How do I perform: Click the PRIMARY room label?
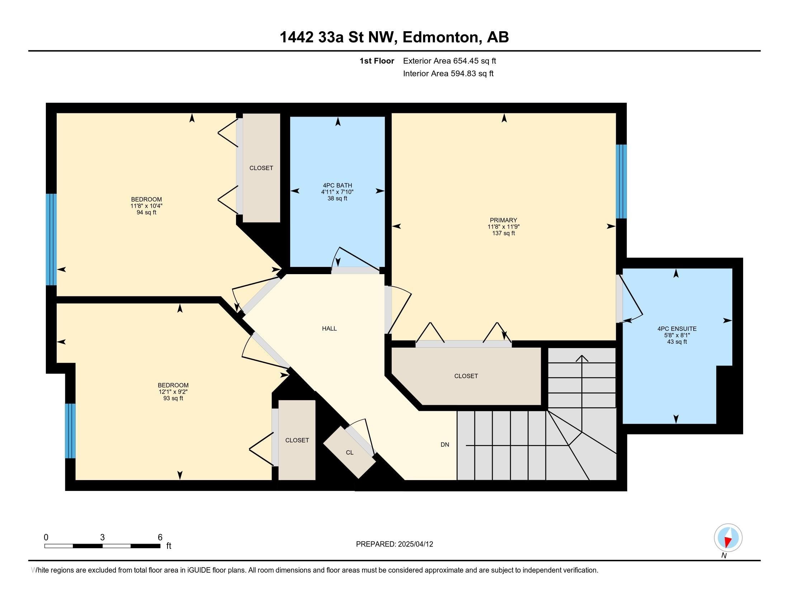[x=503, y=220]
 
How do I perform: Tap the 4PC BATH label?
[x=337, y=186]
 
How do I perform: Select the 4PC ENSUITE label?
[x=677, y=329]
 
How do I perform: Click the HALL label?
[x=329, y=328]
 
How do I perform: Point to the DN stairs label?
[x=445, y=445]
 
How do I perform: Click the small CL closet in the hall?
[x=349, y=452]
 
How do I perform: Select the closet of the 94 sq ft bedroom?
[x=261, y=168]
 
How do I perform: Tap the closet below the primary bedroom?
[x=466, y=376]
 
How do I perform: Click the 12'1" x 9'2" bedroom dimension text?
[x=173, y=392]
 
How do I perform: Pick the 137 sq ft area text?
[x=503, y=234]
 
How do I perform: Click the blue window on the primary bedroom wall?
[x=621, y=182]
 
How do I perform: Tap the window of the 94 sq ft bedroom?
[x=51, y=239]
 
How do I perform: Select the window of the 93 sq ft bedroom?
[x=70, y=431]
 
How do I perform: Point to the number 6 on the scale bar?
[x=160, y=538]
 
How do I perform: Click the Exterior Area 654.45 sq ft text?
[x=449, y=61]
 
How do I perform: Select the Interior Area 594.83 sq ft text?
[x=448, y=74]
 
